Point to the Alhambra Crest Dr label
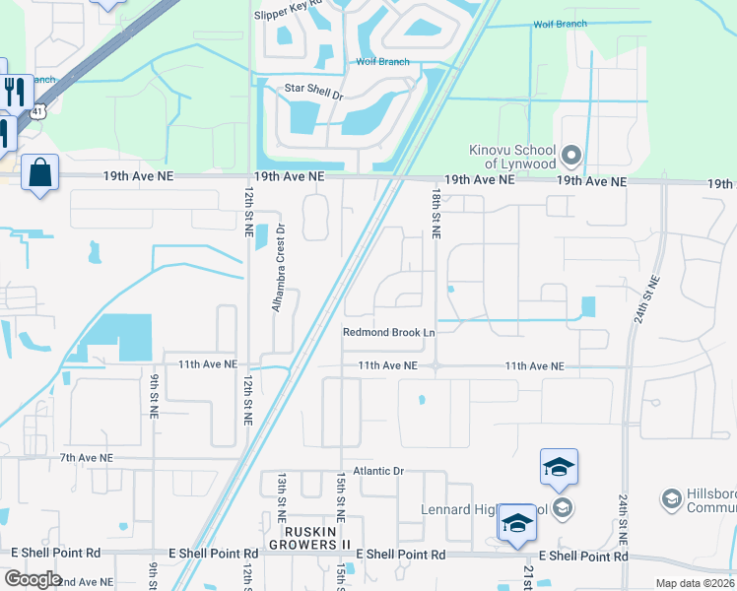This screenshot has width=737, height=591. click(x=280, y=268)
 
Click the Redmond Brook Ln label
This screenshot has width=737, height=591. click(x=388, y=332)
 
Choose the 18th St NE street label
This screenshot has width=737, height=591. click(x=434, y=212)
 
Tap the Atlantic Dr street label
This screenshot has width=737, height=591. click(x=371, y=471)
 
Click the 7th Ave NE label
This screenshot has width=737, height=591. click(x=87, y=458)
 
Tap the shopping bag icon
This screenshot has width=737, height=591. click(x=39, y=173)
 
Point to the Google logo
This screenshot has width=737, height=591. click(x=33, y=578)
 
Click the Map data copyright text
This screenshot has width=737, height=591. click(x=694, y=583)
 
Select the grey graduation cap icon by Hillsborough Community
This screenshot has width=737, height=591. click(x=671, y=499)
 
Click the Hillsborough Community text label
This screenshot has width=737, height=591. click(x=709, y=499)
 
